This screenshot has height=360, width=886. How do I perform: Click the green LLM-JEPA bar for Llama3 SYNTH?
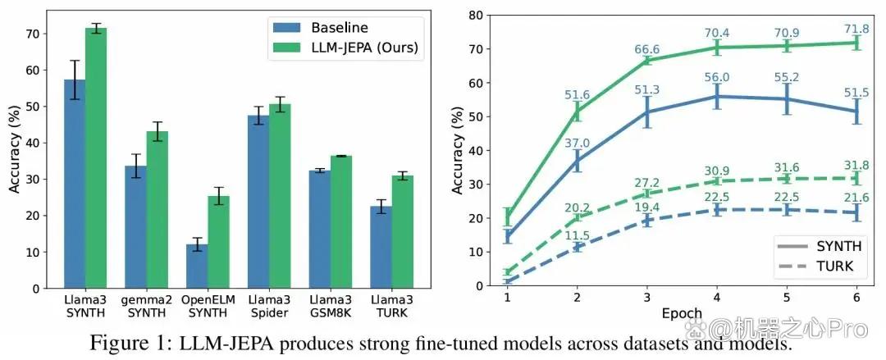[x=96, y=157]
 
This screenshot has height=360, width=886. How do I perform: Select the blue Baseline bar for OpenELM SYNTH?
[x=197, y=267]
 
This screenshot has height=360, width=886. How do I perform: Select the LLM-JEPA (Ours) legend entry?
[x=346, y=48]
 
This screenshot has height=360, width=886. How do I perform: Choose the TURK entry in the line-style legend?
[x=821, y=267]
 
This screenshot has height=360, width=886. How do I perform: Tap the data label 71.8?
[x=857, y=27]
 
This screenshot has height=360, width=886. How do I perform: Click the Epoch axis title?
[x=683, y=312]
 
